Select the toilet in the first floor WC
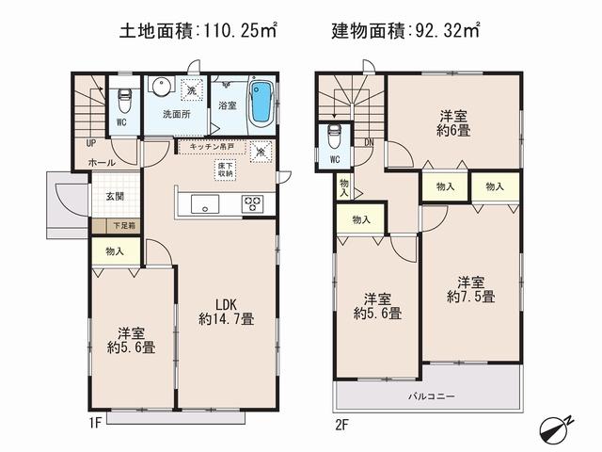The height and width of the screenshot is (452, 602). [x=123, y=100]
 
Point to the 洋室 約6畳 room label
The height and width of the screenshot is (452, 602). [x=453, y=124]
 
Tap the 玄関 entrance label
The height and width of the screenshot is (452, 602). [x=114, y=197]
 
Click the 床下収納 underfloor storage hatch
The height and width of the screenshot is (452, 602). [x=227, y=169]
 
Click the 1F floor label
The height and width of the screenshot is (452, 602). [x=96, y=424]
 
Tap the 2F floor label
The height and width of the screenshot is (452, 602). [x=341, y=424]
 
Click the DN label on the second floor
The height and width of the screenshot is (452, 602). [x=368, y=142]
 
